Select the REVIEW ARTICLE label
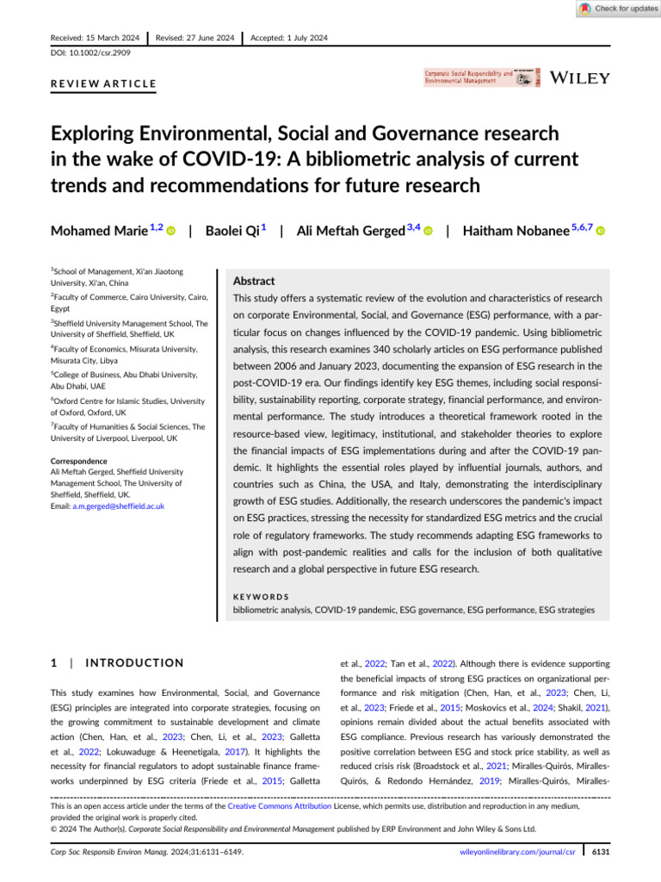click(x=104, y=84)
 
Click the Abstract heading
click(x=255, y=281)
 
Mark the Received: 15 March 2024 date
click(x=95, y=38)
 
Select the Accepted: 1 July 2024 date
click(x=289, y=38)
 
